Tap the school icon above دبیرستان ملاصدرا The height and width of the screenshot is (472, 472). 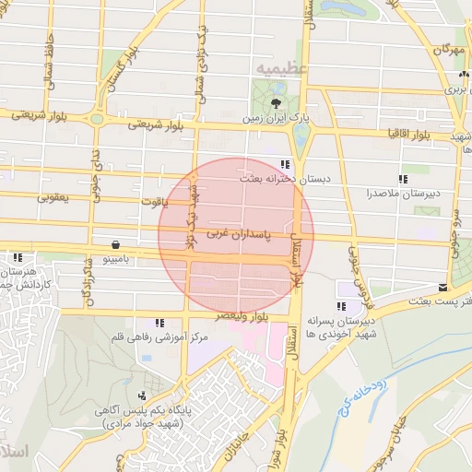[402, 179]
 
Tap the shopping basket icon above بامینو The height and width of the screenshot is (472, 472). [114, 245]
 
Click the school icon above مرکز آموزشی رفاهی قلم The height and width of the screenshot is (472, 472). [160, 323]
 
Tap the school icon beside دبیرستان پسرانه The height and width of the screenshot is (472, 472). [343, 306]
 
